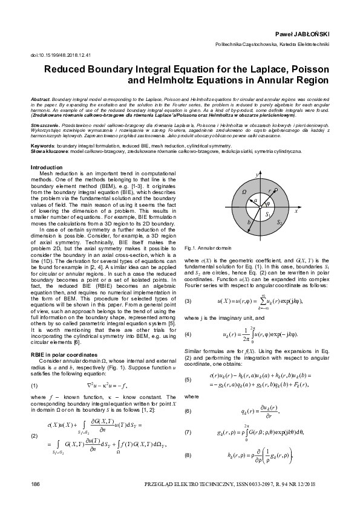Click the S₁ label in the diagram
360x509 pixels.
[x=267, y=214]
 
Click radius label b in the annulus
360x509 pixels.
[x=249, y=222]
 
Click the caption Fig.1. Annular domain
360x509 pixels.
[x=207, y=248]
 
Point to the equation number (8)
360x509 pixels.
[x=188, y=455]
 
